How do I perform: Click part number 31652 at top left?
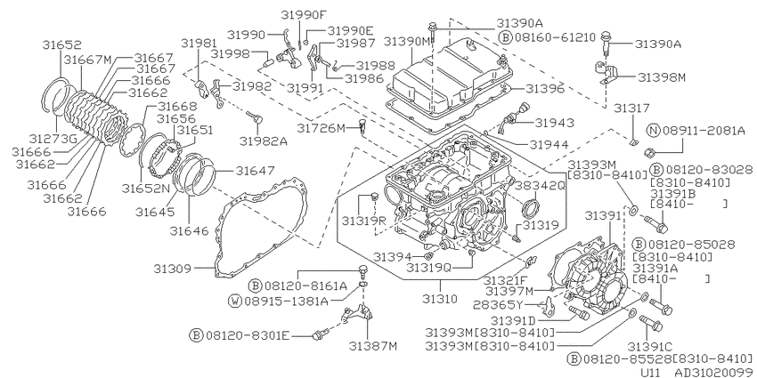coord(61,44)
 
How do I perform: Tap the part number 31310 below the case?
coord(439,299)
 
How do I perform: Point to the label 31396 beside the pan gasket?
coord(544,89)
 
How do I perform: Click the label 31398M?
coord(662,77)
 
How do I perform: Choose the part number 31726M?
coord(321,129)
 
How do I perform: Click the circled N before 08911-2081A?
coord(653,130)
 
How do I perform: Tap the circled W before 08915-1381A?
coord(234,302)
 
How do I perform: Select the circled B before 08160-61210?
coord(504,37)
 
